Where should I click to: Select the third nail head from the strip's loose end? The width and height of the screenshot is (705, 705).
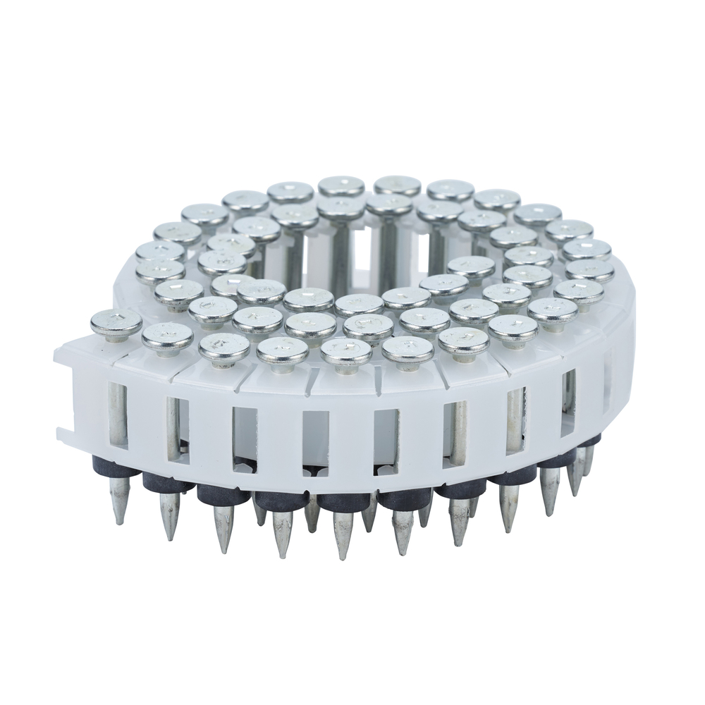pyautogui.click(x=223, y=345)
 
